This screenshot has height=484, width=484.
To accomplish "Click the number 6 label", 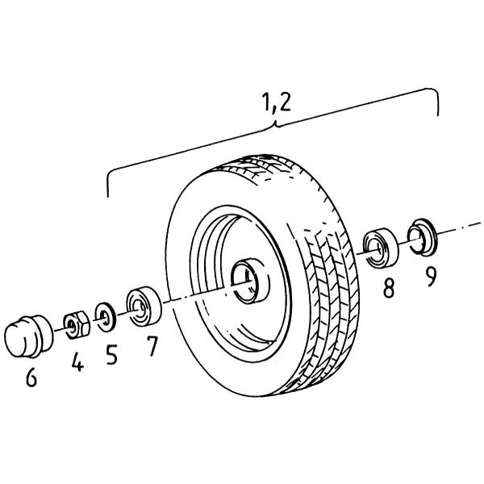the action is click(x=31, y=378).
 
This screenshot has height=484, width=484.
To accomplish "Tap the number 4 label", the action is click(x=77, y=361).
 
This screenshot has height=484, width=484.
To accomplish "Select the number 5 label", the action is click(x=112, y=355).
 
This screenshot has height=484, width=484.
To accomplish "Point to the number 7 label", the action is click(x=152, y=346).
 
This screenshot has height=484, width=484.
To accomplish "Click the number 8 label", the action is click(x=389, y=288).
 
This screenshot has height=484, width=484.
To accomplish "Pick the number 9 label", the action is click(x=431, y=277).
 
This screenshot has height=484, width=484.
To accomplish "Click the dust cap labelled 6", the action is click(x=29, y=336).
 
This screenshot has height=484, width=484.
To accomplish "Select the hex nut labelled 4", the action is click(x=77, y=325).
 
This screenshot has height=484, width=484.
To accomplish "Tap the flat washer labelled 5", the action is click(x=106, y=317).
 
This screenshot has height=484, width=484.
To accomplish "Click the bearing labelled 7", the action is click(x=144, y=307).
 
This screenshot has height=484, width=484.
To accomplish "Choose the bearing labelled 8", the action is click(x=381, y=248).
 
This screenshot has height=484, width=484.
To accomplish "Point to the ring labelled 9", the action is click(x=421, y=237).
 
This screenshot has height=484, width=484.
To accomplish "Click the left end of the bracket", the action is click(x=108, y=197).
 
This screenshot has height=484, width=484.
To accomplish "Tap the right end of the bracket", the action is click(x=438, y=115).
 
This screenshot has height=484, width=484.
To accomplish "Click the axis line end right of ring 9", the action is click(x=481, y=223).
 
